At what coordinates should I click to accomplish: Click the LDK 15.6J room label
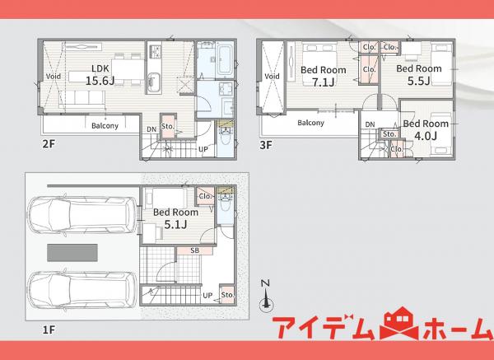point(100,75)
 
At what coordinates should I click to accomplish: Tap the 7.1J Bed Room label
point(324,76)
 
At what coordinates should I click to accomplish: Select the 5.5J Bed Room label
point(419,75)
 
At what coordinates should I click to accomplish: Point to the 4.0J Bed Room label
point(426,129)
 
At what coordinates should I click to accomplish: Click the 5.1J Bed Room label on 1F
point(175,217)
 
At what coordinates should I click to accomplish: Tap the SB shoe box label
point(194,250)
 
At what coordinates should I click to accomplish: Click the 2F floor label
point(49,144)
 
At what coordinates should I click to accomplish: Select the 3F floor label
point(266,145)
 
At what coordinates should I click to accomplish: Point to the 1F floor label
point(49,330)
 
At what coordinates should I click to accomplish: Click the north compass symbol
point(266,297)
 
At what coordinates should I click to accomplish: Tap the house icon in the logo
point(399,323)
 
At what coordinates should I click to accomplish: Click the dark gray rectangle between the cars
point(72,253)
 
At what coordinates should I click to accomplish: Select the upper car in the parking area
point(82,215)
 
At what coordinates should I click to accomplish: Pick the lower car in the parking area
point(82,290)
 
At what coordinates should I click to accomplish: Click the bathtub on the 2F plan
point(225,60)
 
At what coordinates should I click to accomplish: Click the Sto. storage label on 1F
point(227,295)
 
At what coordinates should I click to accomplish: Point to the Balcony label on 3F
point(310,122)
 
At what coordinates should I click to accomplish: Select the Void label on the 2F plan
point(54,76)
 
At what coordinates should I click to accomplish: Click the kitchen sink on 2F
point(153,82)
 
